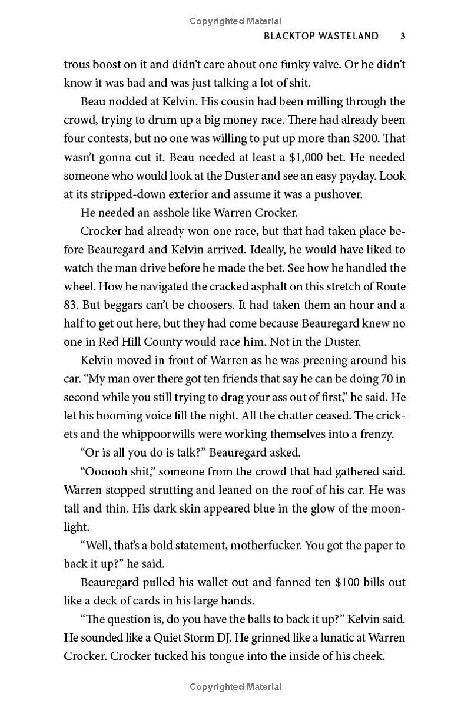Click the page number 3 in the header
click(402, 36)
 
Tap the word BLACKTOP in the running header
click(288, 36)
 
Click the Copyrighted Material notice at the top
click(235, 21)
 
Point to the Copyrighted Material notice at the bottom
click(235, 687)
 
